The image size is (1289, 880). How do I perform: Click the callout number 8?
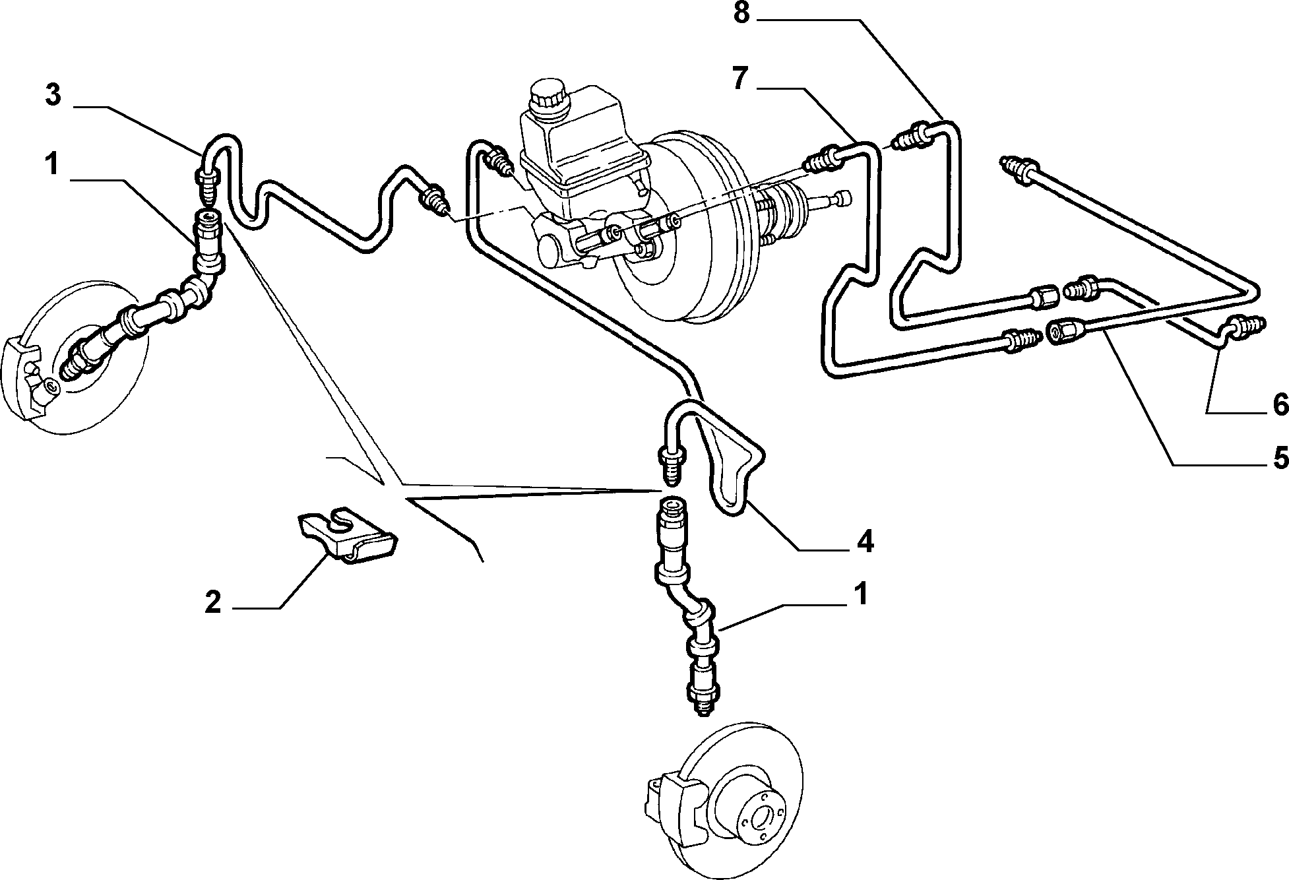pos(741,14)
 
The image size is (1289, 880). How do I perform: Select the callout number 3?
pos(53,95)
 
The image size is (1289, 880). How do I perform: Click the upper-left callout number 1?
pos(52,164)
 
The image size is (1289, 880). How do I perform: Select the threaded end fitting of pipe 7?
pos(821,160)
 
